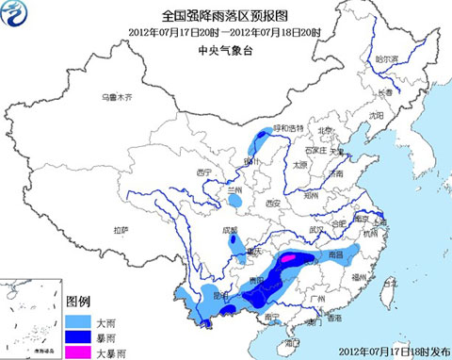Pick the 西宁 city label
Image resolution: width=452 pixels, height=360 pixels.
coord(203,172)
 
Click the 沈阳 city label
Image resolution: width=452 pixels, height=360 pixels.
coord(378,114)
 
